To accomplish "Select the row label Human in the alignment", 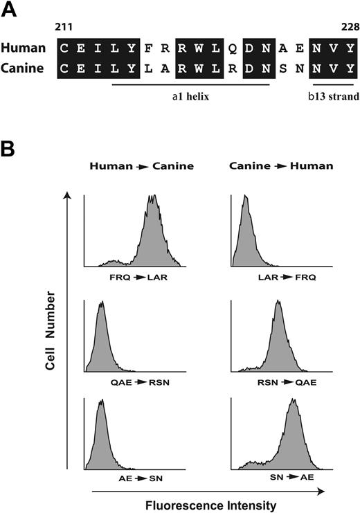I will coord(23,49).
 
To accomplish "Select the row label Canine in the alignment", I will coord(24,69).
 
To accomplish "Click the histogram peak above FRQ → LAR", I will coord(152,198).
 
